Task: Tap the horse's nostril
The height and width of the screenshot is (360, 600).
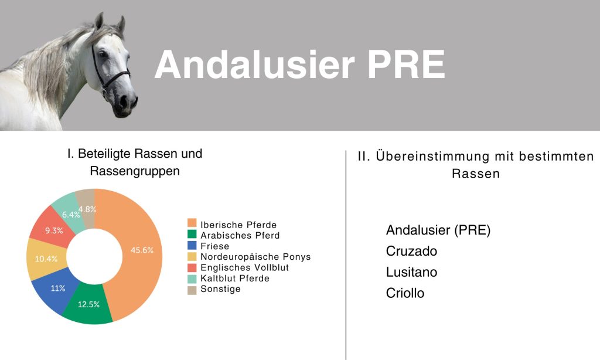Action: (x=124, y=100)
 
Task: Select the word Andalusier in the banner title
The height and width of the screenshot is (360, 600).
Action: (x=254, y=64)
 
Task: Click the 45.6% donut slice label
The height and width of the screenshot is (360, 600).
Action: (x=142, y=250)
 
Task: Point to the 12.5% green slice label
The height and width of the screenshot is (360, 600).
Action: (x=88, y=304)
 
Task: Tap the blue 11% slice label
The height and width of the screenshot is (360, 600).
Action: (x=58, y=288)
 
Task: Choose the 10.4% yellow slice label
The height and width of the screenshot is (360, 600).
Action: (x=46, y=259)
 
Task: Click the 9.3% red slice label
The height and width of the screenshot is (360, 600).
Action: (x=54, y=230)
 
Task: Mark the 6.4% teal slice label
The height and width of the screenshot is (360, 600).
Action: (x=71, y=215)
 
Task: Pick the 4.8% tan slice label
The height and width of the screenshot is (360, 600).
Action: (x=87, y=209)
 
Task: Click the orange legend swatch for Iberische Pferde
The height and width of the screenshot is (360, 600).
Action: (x=192, y=225)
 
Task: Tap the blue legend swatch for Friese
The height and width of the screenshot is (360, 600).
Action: (x=192, y=246)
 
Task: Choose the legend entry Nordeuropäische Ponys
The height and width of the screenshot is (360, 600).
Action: (x=255, y=257)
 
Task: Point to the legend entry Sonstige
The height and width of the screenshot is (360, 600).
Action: (x=220, y=289)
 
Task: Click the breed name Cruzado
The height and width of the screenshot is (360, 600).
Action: (x=411, y=251)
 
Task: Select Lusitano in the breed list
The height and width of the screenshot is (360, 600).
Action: (x=411, y=272)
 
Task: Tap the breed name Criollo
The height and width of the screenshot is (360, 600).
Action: (x=405, y=293)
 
